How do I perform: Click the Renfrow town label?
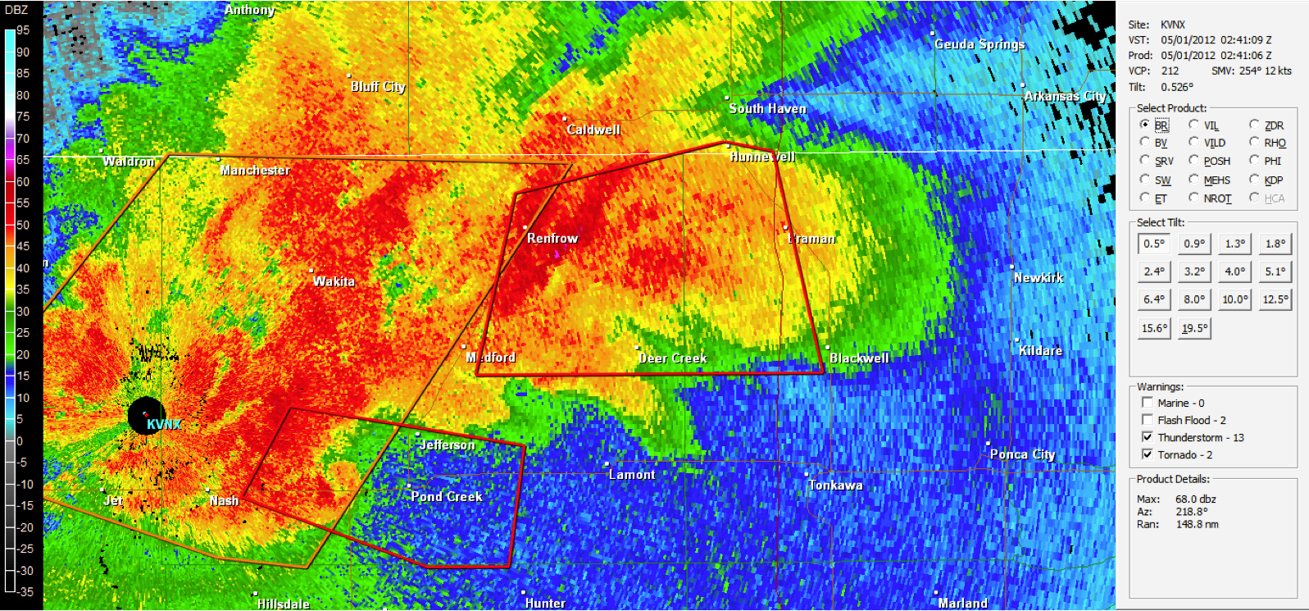[552, 238]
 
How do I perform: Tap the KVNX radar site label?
[164, 424]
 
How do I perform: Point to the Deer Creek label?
[672, 358]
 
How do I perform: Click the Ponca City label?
[1022, 454]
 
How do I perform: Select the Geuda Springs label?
[979, 44]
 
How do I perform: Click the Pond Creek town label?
[446, 496]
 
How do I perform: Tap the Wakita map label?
[334, 281]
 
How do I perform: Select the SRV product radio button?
[1145, 160]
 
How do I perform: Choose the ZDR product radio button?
[1254, 125]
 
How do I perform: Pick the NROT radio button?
[1193, 198]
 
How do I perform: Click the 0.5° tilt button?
[1154, 244]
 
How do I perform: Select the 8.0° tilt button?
[1194, 299]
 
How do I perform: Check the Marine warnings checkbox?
[1148, 403]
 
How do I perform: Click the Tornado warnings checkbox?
[1148, 454]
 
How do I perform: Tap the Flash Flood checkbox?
[1148, 420]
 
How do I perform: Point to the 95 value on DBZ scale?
[23, 30]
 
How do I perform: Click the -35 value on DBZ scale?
[25, 591]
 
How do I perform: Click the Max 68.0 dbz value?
[1195, 499]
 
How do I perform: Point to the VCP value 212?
[1170, 71]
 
